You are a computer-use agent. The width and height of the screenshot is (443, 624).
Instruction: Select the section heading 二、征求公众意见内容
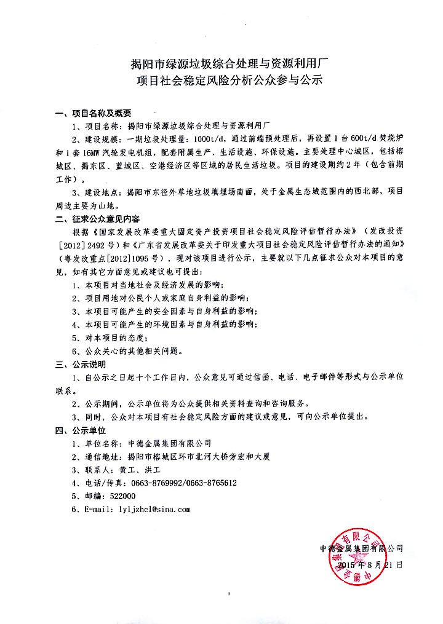point(97,218)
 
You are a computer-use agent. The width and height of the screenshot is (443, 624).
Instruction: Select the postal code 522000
point(123,496)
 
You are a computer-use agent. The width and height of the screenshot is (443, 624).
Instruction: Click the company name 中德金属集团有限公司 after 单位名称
point(169,443)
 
